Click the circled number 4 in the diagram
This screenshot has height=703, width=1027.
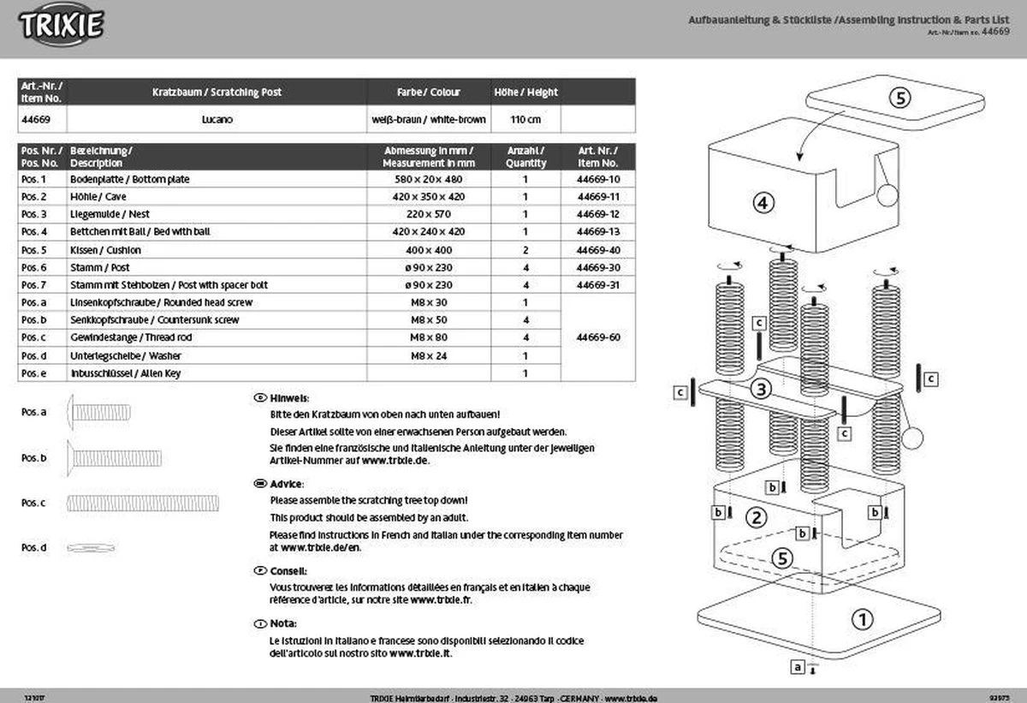(x=763, y=203)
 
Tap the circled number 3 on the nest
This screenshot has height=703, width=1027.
(x=762, y=389)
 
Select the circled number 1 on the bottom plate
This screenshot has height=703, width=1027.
(x=862, y=617)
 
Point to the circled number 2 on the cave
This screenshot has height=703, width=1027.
(x=756, y=516)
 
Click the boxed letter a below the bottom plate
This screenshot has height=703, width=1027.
(x=798, y=665)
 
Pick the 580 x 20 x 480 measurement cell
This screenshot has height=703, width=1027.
(x=429, y=180)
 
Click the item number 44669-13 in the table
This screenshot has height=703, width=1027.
(x=598, y=232)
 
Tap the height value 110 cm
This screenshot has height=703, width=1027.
(x=525, y=120)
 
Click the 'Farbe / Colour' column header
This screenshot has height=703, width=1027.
(x=429, y=92)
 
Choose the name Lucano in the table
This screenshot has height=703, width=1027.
(x=217, y=120)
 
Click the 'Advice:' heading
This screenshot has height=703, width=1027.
(x=287, y=483)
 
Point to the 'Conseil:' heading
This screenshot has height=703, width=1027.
(x=288, y=570)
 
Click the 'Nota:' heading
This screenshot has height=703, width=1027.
(x=283, y=623)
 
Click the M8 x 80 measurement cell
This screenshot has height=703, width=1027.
(x=429, y=337)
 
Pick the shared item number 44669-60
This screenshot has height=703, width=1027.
(x=598, y=337)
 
